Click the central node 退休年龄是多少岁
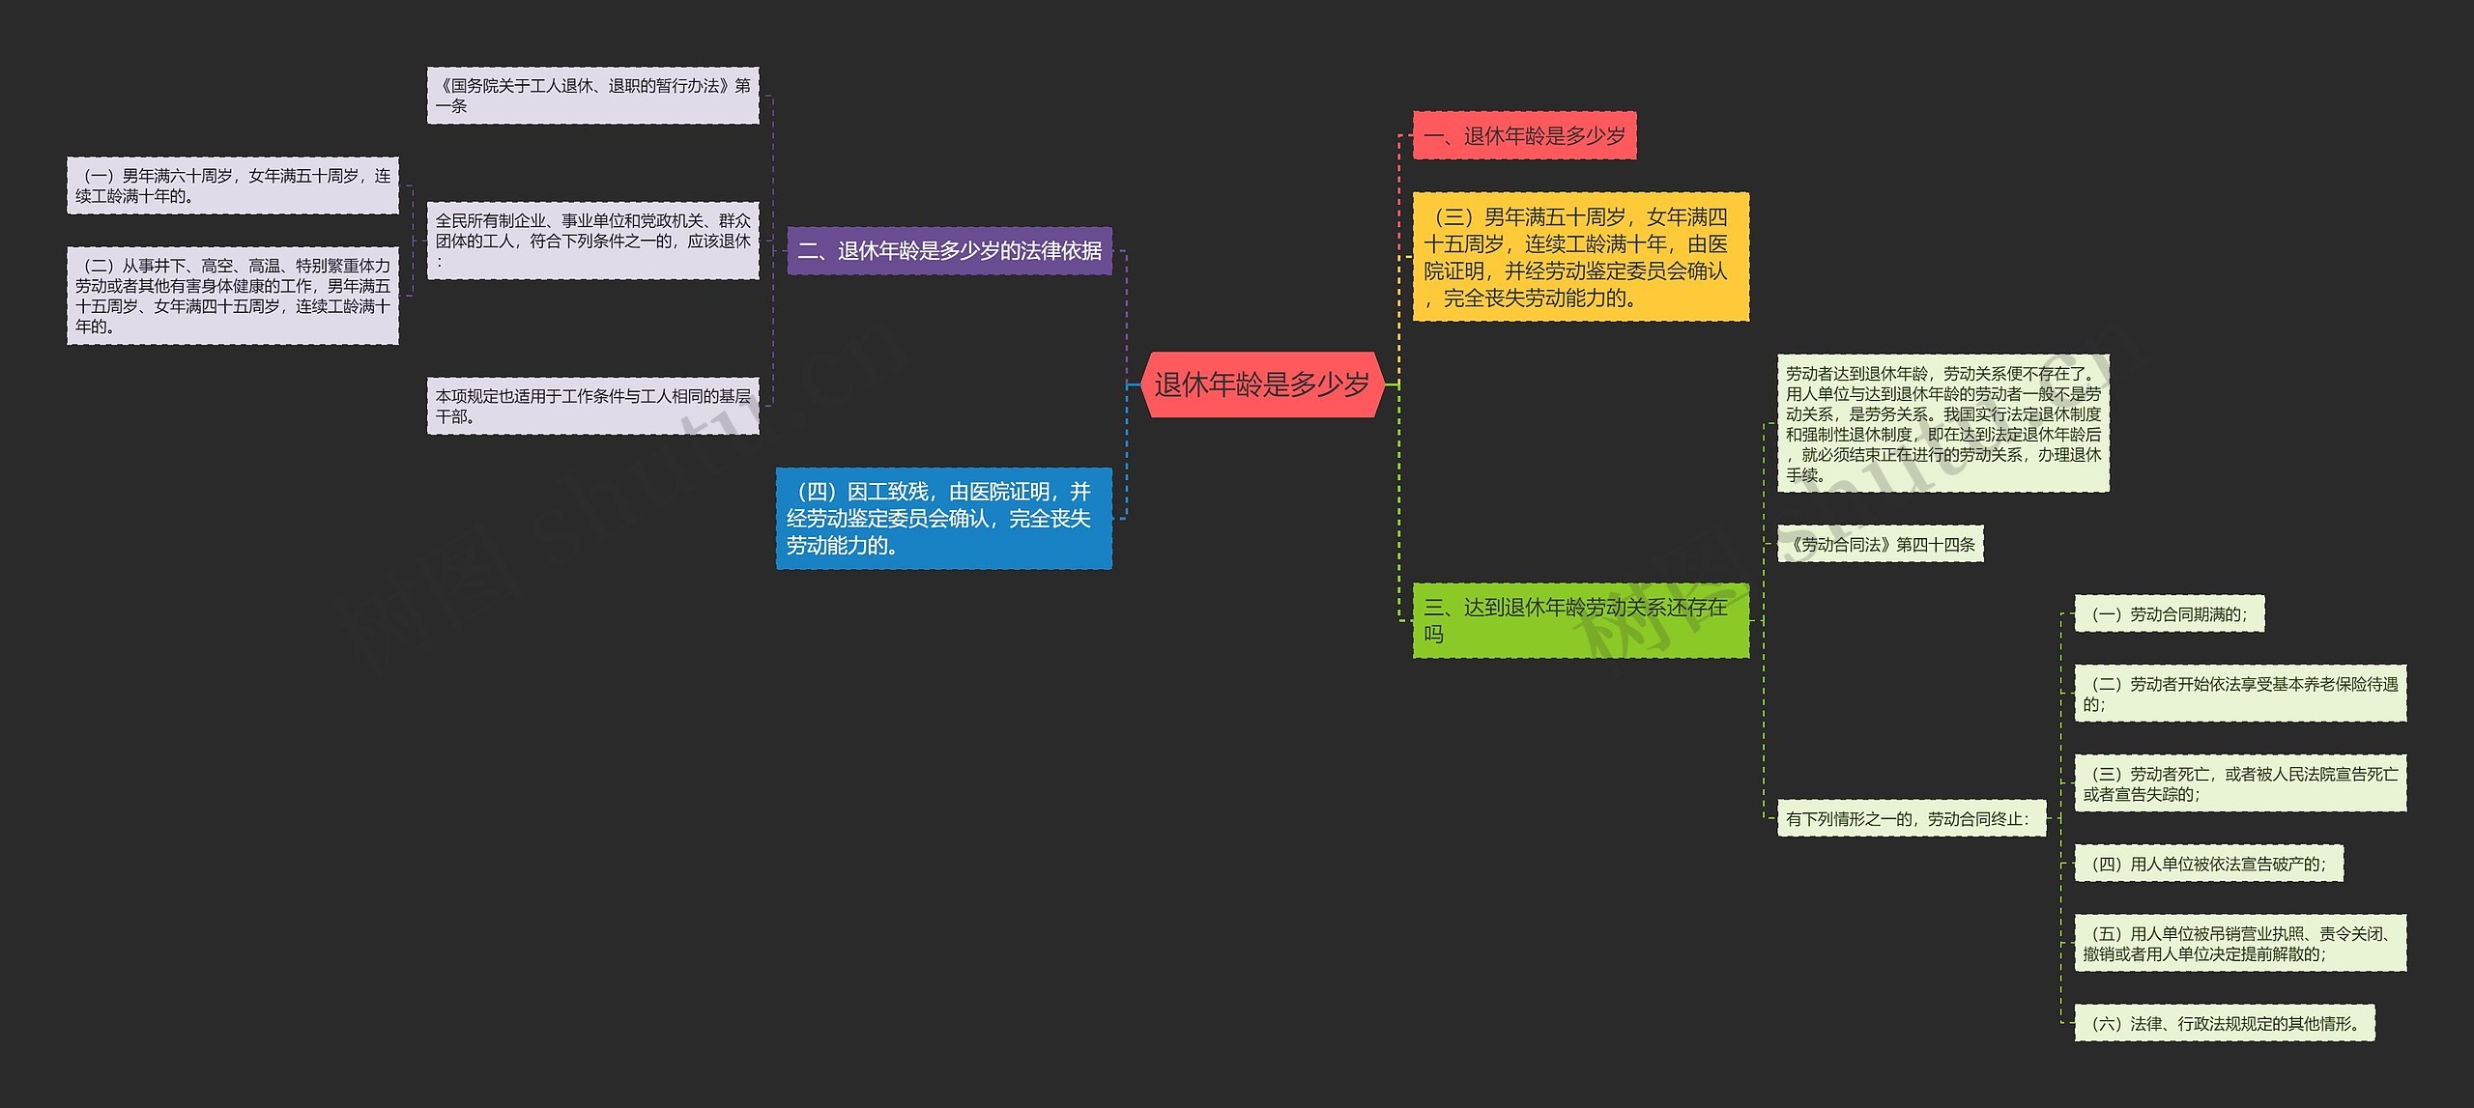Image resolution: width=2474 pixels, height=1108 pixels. point(1261,384)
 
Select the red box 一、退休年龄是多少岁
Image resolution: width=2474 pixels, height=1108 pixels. point(1524,136)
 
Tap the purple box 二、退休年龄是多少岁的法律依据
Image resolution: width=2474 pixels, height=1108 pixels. point(949,251)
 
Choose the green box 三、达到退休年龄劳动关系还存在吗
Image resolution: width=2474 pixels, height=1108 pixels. point(1580,620)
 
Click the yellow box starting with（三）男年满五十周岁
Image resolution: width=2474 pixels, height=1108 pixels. point(1580,257)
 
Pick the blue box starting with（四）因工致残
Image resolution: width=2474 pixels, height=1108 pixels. point(943,519)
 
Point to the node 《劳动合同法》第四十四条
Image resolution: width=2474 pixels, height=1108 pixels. point(1880,545)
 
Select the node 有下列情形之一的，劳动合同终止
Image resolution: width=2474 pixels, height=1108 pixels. point(1911,819)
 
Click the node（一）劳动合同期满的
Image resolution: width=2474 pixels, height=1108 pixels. point(2169,614)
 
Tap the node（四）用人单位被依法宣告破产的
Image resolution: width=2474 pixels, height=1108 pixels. point(2208,865)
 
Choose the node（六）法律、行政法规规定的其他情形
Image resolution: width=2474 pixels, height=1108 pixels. point(2224,1024)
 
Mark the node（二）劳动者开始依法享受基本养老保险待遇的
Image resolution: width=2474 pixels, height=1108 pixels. point(2240,694)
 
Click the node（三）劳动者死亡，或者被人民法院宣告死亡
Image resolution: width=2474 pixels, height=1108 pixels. point(2240,783)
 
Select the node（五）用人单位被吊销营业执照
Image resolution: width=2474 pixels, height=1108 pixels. point(2240,944)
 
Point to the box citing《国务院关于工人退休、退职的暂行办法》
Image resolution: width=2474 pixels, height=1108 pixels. point(592,96)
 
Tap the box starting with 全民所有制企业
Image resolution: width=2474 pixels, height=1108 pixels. point(592,241)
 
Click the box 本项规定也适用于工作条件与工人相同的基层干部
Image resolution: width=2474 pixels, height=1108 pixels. point(592,406)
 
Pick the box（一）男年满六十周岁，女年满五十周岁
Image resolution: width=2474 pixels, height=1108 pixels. point(232,185)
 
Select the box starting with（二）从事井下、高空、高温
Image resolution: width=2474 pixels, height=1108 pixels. point(232,296)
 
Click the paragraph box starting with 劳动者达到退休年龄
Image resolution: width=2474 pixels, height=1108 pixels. point(1942,424)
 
